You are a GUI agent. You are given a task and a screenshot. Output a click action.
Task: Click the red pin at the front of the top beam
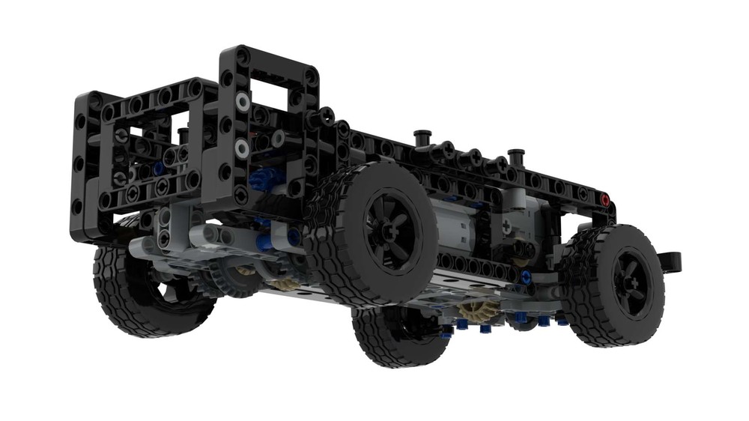point(605,200)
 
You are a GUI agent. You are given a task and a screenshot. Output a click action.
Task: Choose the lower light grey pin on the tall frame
point(242,149)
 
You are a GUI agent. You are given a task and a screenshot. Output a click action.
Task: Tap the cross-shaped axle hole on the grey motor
point(506,224)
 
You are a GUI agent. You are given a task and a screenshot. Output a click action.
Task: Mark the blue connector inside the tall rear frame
point(264,180)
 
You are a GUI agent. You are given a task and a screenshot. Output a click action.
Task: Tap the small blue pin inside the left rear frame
point(159,169)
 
